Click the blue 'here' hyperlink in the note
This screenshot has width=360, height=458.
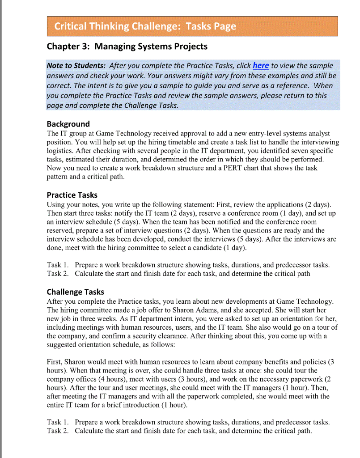(261, 66)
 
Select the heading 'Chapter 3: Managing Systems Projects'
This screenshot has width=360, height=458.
(127, 47)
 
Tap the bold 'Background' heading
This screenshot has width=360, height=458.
(68, 124)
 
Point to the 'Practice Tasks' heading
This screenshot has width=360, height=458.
(72, 195)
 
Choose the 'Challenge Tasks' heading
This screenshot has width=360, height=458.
(76, 292)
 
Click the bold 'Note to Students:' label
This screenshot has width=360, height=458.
(76, 66)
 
